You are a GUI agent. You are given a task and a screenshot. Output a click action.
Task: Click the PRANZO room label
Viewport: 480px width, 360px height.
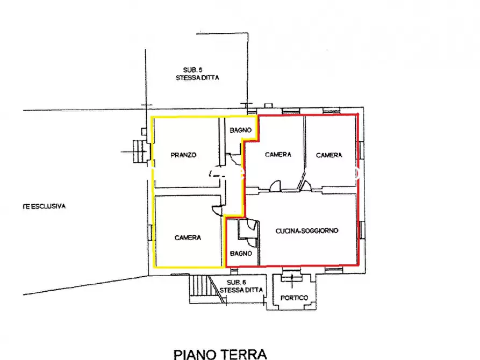click(x=183, y=155)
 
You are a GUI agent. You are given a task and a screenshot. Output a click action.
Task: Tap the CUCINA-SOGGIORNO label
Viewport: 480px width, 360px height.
click(x=306, y=231)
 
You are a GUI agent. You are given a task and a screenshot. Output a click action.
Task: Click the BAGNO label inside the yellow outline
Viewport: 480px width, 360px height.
click(x=239, y=131)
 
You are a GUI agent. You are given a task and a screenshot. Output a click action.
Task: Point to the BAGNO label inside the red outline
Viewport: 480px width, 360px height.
click(x=241, y=253)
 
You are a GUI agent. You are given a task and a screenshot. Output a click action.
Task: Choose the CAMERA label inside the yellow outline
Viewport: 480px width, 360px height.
click(x=188, y=237)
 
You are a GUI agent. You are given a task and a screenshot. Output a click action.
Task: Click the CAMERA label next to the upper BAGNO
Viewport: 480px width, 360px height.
click(x=278, y=155)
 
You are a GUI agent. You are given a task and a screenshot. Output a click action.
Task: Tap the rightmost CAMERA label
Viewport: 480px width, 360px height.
click(x=329, y=155)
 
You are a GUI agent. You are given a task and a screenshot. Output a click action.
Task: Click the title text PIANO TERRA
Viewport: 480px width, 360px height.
click(x=220, y=354)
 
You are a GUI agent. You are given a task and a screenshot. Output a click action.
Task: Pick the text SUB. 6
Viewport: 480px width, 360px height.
click(x=237, y=282)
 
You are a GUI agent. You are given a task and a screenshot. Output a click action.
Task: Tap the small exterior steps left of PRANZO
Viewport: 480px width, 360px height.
click(x=139, y=151)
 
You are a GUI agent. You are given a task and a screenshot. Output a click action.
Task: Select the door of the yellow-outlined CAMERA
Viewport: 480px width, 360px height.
click(x=217, y=211)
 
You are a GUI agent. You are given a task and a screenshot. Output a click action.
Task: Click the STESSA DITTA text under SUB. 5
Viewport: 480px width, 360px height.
click(x=197, y=78)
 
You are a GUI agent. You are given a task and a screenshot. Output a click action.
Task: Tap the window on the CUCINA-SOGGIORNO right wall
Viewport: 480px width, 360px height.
click(x=360, y=229)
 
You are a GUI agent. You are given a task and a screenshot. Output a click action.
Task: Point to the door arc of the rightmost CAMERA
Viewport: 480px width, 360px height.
click(x=307, y=185)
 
